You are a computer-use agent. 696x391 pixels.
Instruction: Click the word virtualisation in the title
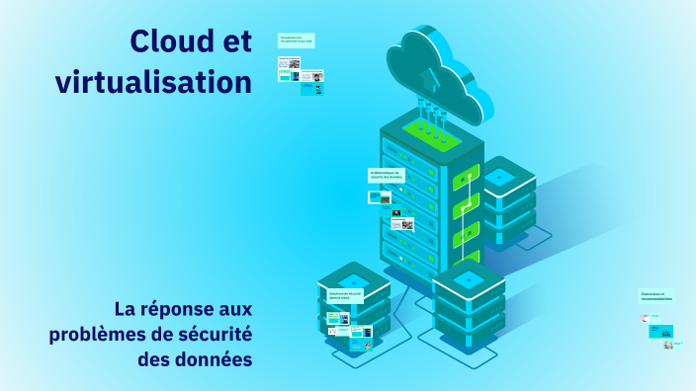coord(154,83)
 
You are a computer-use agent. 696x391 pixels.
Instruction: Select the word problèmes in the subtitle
coord(97,334)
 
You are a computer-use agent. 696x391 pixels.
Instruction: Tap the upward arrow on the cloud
coord(427,76)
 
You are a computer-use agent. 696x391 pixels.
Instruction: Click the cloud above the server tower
coord(439,69)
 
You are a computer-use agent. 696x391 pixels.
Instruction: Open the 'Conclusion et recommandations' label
coord(655,295)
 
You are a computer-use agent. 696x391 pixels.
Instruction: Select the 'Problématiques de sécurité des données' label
coord(386,175)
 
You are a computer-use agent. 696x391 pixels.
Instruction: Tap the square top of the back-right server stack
coord(500,177)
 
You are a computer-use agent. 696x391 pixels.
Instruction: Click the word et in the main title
coord(233,40)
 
